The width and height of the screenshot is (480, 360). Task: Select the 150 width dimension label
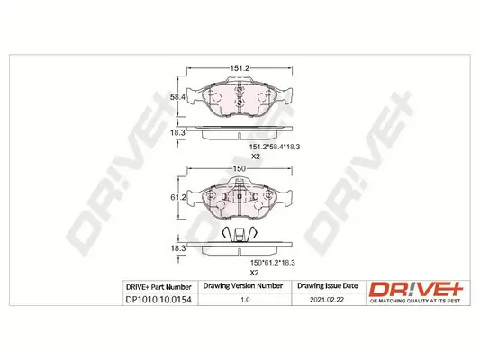coord(240,168)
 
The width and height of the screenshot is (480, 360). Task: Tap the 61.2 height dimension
coord(177,197)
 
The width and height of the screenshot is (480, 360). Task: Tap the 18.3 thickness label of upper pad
coord(177,131)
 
